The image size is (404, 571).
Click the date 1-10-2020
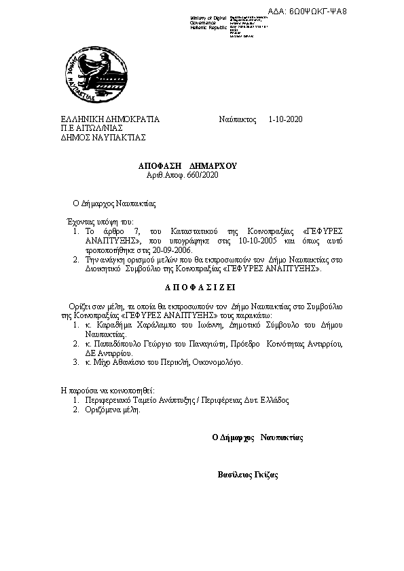285,120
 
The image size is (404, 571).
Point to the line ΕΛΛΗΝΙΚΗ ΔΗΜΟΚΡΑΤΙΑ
110,120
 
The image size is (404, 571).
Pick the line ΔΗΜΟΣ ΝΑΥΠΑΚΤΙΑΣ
103,136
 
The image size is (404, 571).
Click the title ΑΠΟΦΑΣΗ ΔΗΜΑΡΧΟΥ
187,165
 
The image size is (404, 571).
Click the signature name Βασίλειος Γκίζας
247,475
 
